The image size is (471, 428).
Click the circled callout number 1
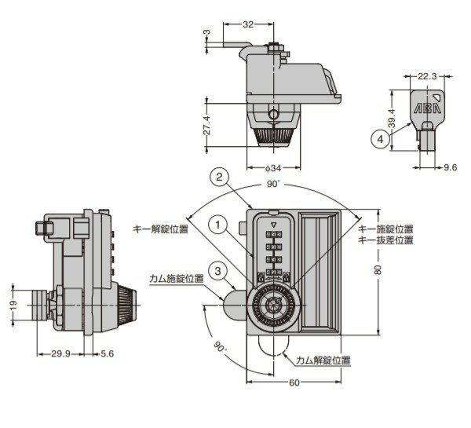tap(218, 225)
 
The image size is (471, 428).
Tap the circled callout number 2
tap(220, 177)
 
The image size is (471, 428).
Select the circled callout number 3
tap(218, 272)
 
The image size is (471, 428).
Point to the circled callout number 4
tap(380, 139)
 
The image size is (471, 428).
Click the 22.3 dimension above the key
tap(427, 76)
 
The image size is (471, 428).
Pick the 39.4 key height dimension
tap(392, 119)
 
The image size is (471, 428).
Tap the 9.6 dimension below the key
tap(451, 167)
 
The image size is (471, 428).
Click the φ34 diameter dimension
tap(273, 168)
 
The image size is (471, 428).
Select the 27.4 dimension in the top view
tap(206, 125)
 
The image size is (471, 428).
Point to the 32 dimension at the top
tap(248, 24)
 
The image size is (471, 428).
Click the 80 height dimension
tap(378, 270)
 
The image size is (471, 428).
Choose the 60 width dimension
tap(294, 382)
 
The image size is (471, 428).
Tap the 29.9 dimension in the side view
tap(60, 353)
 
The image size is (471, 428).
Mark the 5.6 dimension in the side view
tap(108, 353)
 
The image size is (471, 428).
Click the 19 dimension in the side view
tap(13, 305)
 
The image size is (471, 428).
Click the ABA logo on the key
tap(427, 108)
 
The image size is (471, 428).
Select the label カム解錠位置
tap(323, 360)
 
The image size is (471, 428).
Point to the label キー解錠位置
tap(161, 229)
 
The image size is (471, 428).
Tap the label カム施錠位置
tap(177, 279)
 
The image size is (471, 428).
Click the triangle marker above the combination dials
tap(273, 225)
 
